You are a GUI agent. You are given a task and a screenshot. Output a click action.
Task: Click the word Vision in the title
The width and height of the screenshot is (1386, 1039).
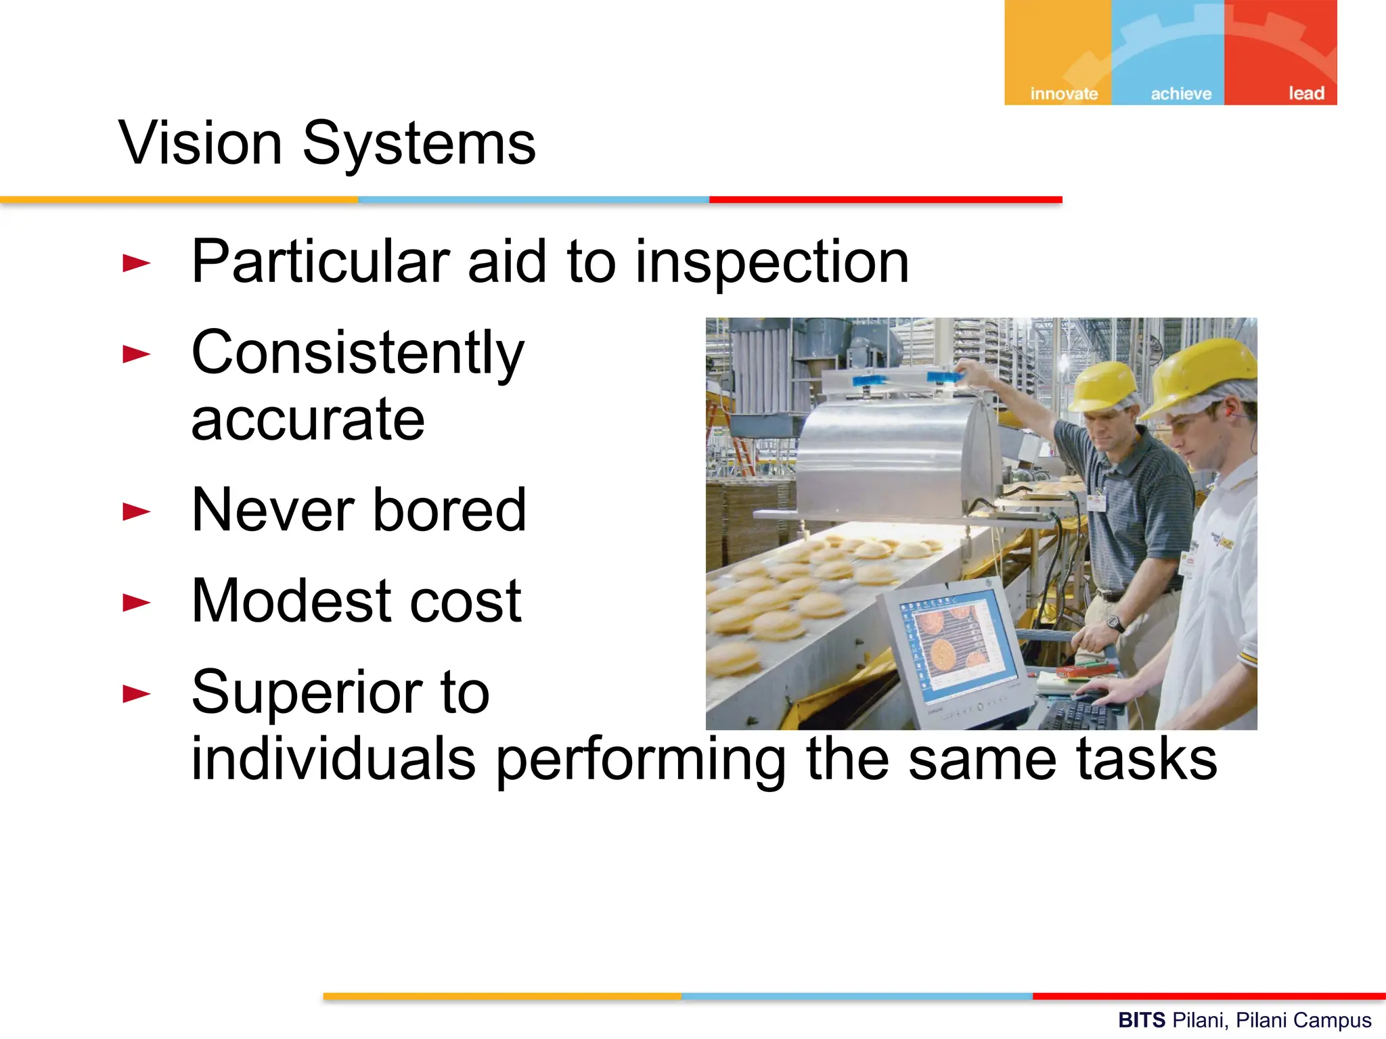click(200, 143)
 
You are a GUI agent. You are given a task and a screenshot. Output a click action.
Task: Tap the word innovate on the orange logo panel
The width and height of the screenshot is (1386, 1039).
click(1063, 94)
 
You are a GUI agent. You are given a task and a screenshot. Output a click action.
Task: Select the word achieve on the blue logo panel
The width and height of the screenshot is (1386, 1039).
click(1181, 94)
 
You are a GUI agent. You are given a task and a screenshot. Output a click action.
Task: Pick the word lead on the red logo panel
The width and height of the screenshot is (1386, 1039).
click(1305, 93)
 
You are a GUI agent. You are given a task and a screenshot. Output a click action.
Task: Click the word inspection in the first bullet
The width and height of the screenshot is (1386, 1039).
click(772, 262)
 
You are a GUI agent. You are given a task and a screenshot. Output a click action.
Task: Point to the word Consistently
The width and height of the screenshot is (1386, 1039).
click(358, 354)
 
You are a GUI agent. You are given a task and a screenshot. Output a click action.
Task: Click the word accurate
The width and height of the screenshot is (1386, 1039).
click(308, 420)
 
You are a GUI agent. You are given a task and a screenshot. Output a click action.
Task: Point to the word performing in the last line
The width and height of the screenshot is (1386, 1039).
click(640, 761)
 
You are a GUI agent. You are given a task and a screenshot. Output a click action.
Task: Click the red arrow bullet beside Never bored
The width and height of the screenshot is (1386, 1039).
click(135, 511)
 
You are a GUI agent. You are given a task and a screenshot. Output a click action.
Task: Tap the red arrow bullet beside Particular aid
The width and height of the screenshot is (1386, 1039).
click(135, 263)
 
